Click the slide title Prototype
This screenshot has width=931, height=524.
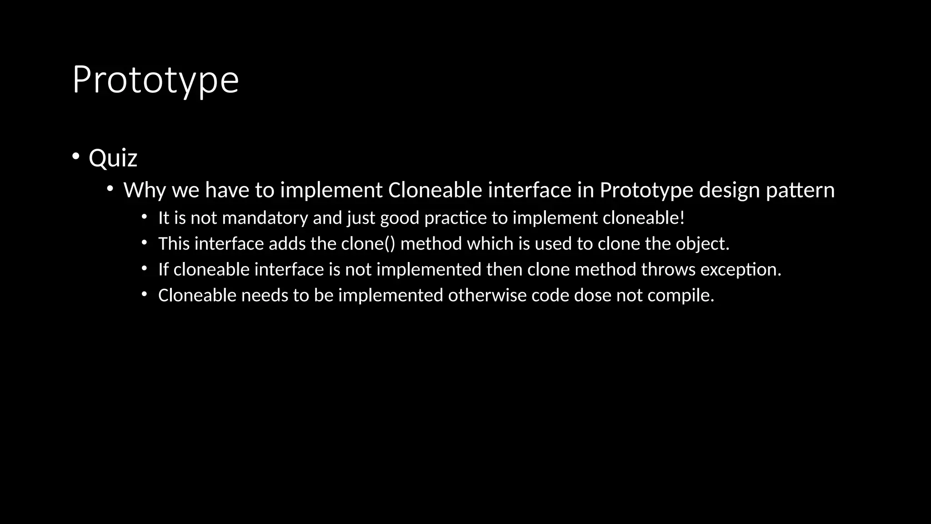(x=155, y=80)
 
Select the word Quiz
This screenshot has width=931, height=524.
(x=113, y=158)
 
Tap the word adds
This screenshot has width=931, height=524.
(x=287, y=244)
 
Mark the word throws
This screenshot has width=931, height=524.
(x=668, y=270)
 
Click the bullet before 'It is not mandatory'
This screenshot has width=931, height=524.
(x=144, y=217)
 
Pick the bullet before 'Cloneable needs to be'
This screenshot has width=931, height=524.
(x=144, y=295)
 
